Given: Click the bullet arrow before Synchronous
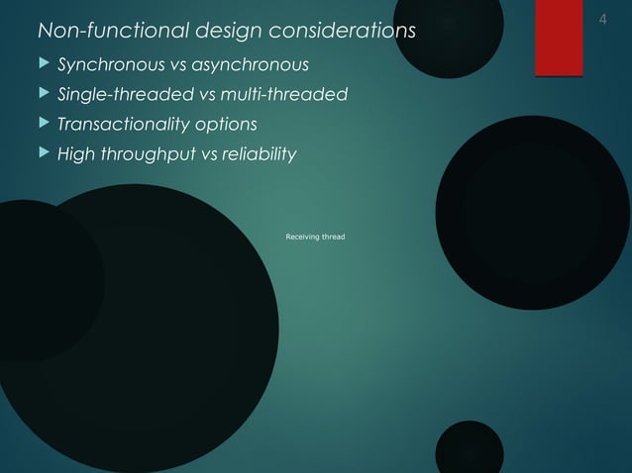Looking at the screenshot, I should tap(42, 65).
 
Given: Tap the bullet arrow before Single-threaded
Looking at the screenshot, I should tap(42, 95).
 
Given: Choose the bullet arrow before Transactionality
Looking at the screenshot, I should tap(42, 125).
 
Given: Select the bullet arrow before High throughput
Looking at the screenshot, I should tap(42, 154).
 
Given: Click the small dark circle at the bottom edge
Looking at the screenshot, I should tap(470, 449).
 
